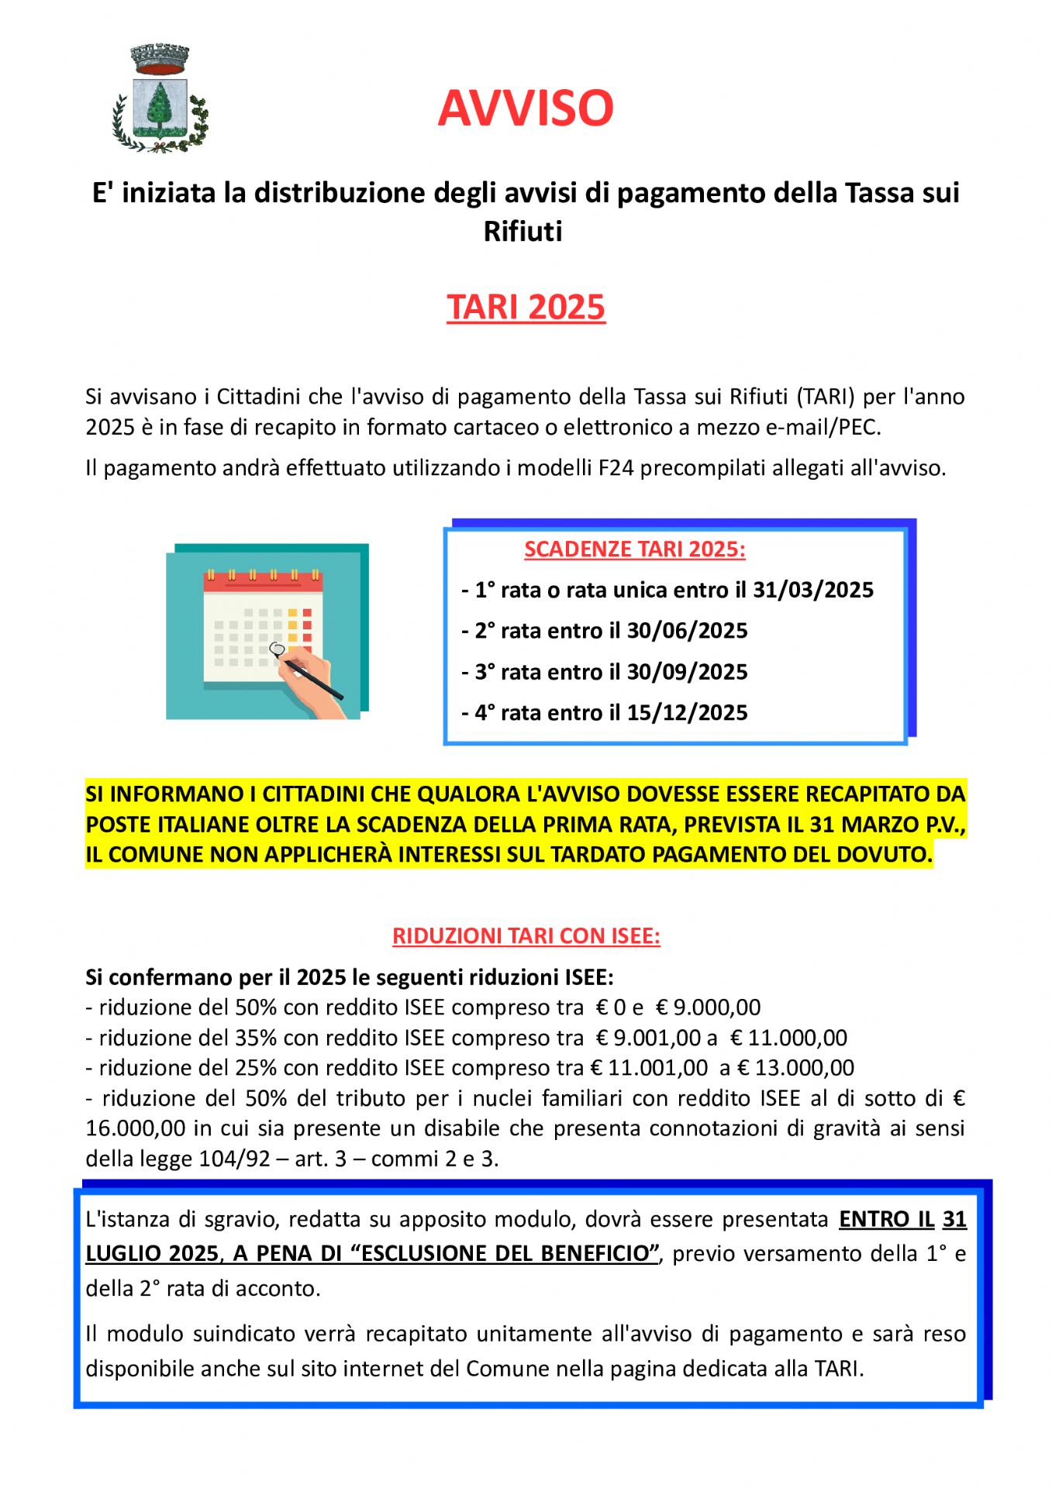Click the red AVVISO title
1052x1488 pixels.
(526, 108)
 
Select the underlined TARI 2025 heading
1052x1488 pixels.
(526, 307)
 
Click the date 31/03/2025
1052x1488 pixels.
(813, 591)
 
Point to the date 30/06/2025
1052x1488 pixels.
(687, 631)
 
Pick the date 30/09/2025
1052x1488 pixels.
(687, 672)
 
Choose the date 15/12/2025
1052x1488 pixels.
(687, 713)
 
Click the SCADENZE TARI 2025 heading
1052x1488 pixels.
(635, 549)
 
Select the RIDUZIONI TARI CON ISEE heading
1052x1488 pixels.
(526, 936)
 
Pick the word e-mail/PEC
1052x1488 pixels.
(823, 428)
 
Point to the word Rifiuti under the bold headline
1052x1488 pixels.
(523, 232)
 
